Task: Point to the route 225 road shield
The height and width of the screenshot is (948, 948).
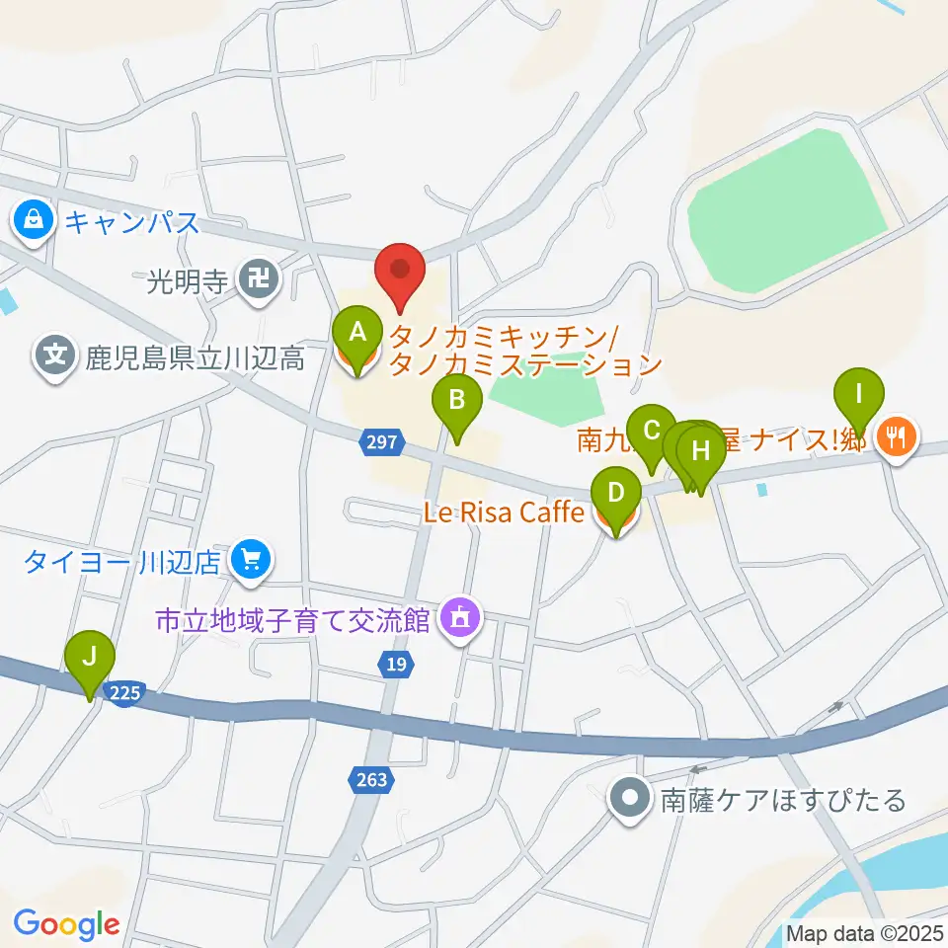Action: (125, 693)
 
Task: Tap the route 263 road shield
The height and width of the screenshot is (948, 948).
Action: (372, 781)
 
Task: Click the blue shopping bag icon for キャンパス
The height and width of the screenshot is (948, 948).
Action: (35, 220)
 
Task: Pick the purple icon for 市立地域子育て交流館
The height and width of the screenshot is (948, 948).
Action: (459, 620)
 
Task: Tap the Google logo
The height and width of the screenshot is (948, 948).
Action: (66, 924)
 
